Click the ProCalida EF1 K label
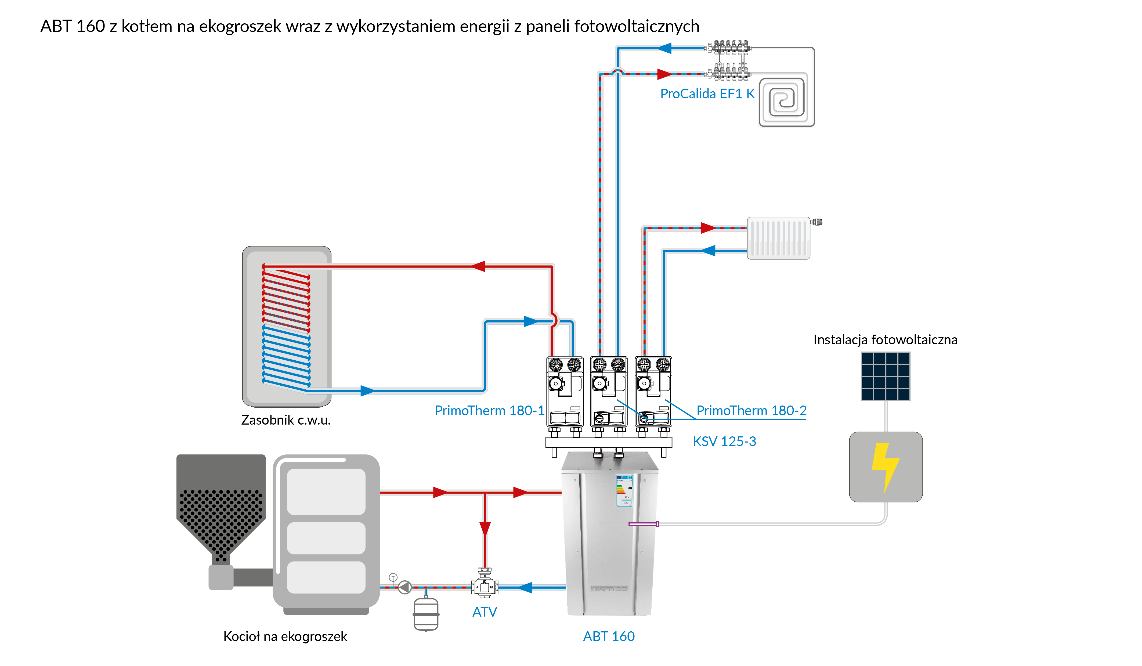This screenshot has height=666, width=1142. (707, 94)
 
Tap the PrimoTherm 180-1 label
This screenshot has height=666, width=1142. (489, 410)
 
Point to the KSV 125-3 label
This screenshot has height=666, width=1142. (724, 441)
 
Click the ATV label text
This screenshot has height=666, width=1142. (485, 612)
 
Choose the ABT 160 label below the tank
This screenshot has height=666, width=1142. (609, 636)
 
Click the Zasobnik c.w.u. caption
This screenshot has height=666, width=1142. (285, 420)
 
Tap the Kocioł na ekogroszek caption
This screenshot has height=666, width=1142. (285, 636)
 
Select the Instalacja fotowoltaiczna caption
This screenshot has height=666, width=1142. (885, 340)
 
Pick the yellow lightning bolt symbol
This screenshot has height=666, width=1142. (885, 467)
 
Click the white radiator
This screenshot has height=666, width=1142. (778, 238)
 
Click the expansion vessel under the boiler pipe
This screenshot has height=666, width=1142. (426, 614)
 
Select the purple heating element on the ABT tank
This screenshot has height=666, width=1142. (644, 524)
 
